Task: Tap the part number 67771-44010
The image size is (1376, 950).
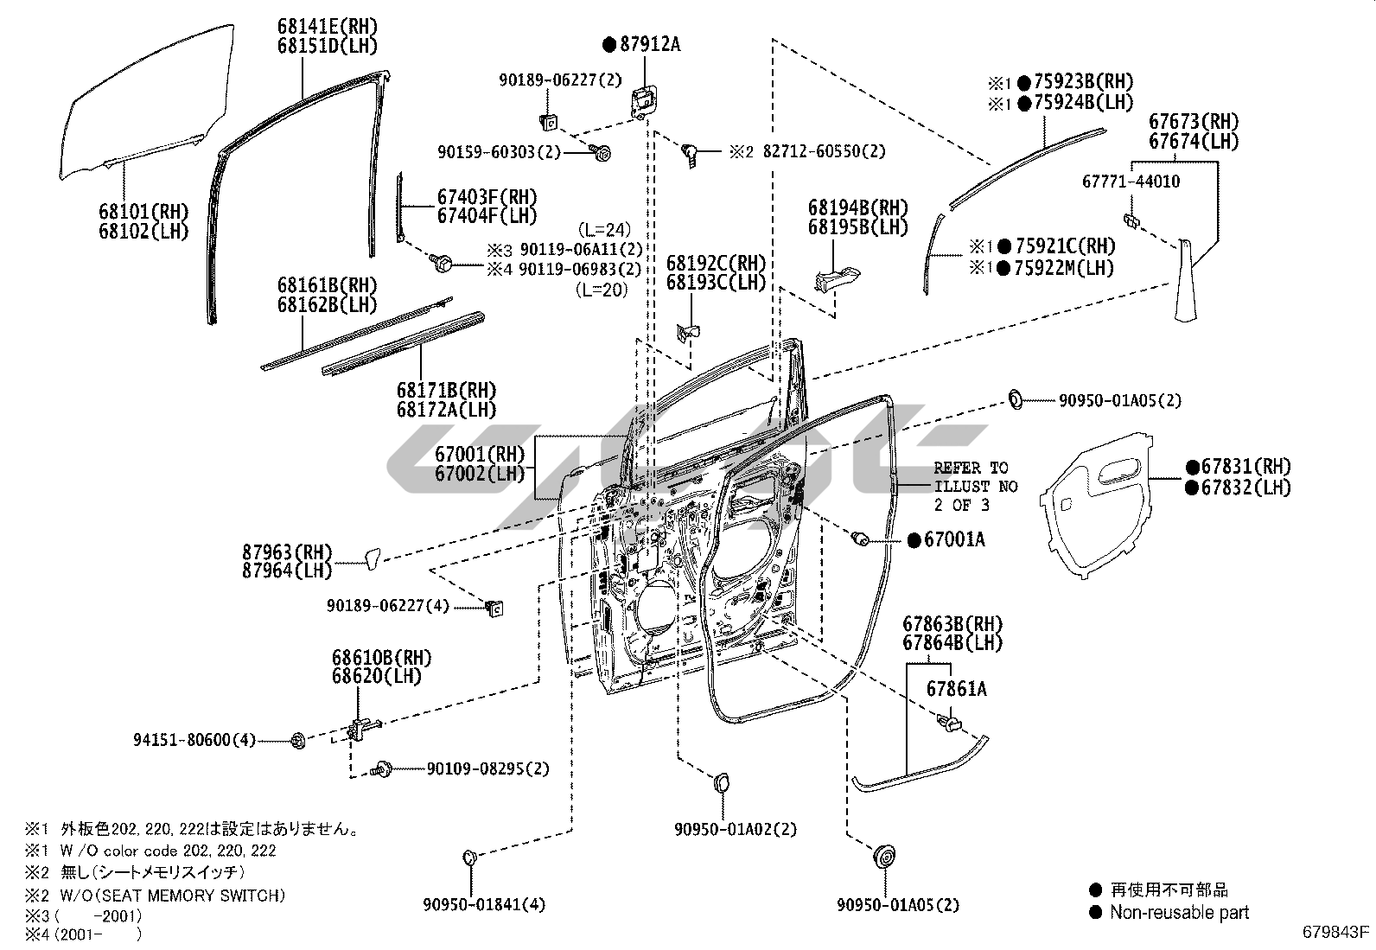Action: [x=1131, y=182]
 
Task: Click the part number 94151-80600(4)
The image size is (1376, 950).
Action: [x=194, y=740]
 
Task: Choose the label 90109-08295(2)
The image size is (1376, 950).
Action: [x=487, y=768]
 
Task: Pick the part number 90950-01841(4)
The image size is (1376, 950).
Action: [x=484, y=905]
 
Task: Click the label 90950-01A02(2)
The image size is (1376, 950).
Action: [x=736, y=829]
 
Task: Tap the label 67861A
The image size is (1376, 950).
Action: [x=956, y=689]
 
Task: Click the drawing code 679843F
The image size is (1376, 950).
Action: [x=1336, y=932]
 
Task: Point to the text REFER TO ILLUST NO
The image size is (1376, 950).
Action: [x=975, y=477]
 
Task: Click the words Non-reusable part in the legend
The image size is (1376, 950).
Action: [x=1179, y=912]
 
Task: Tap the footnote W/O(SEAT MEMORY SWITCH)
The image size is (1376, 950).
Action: [x=173, y=896]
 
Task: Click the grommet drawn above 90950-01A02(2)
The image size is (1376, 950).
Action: [x=719, y=782]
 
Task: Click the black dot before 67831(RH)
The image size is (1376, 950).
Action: [x=1193, y=467]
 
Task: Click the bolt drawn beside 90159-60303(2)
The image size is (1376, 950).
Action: [x=602, y=153]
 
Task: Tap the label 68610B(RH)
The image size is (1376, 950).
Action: [x=381, y=658]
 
